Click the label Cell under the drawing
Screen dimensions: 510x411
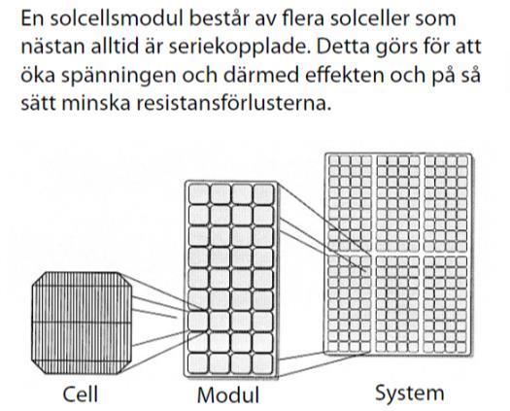(x=80, y=394)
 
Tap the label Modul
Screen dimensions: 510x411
(x=228, y=395)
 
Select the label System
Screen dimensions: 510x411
(x=410, y=394)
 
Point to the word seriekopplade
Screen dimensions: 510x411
(x=238, y=48)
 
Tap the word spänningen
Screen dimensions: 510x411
(x=119, y=76)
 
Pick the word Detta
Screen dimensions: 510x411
(x=343, y=48)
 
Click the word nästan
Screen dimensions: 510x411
(x=52, y=48)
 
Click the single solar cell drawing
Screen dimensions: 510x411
(x=82, y=323)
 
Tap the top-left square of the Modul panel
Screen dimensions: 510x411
(x=199, y=194)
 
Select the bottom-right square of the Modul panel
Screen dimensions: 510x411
(x=262, y=363)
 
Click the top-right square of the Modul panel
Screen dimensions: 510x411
(x=263, y=194)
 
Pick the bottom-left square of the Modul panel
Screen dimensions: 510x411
(x=198, y=363)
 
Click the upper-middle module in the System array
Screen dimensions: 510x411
(x=398, y=203)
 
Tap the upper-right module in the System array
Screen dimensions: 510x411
(x=446, y=203)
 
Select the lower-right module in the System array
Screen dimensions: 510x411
(x=445, y=304)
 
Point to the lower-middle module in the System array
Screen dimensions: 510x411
(x=397, y=304)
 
